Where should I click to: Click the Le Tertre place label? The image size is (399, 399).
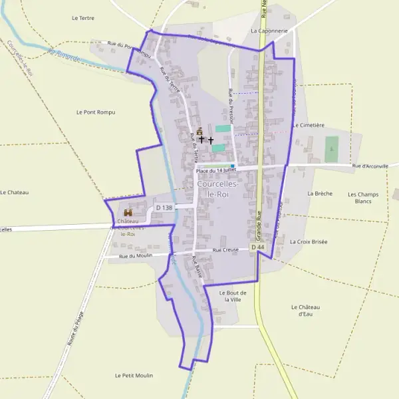pyautogui.click(x=83, y=18)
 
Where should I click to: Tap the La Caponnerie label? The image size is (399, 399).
pyautogui.click(x=269, y=31)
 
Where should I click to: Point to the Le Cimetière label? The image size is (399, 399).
pyautogui.click(x=308, y=125)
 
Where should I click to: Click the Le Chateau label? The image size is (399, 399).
pyautogui.click(x=15, y=192)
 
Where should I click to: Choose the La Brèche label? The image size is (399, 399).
pyautogui.click(x=319, y=193)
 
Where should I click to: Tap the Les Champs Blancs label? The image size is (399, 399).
pyautogui.click(x=363, y=198)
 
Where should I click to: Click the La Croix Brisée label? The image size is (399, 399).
pyautogui.click(x=309, y=242)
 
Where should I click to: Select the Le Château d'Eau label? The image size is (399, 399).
pyautogui.click(x=306, y=310)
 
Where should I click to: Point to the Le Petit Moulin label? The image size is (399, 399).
pyautogui.click(x=134, y=376)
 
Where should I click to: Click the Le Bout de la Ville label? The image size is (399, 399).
pyautogui.click(x=233, y=296)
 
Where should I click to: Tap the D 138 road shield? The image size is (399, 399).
pyautogui.click(x=164, y=208)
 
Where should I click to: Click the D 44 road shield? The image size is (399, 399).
pyautogui.click(x=258, y=247)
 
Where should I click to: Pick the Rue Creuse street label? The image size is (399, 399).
pyautogui.click(x=225, y=250)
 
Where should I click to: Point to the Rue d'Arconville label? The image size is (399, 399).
pyautogui.click(x=370, y=166)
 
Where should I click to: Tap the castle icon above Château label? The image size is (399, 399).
pyautogui.click(x=128, y=212)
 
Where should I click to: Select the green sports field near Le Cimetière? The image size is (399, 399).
pyautogui.click(x=331, y=149)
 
